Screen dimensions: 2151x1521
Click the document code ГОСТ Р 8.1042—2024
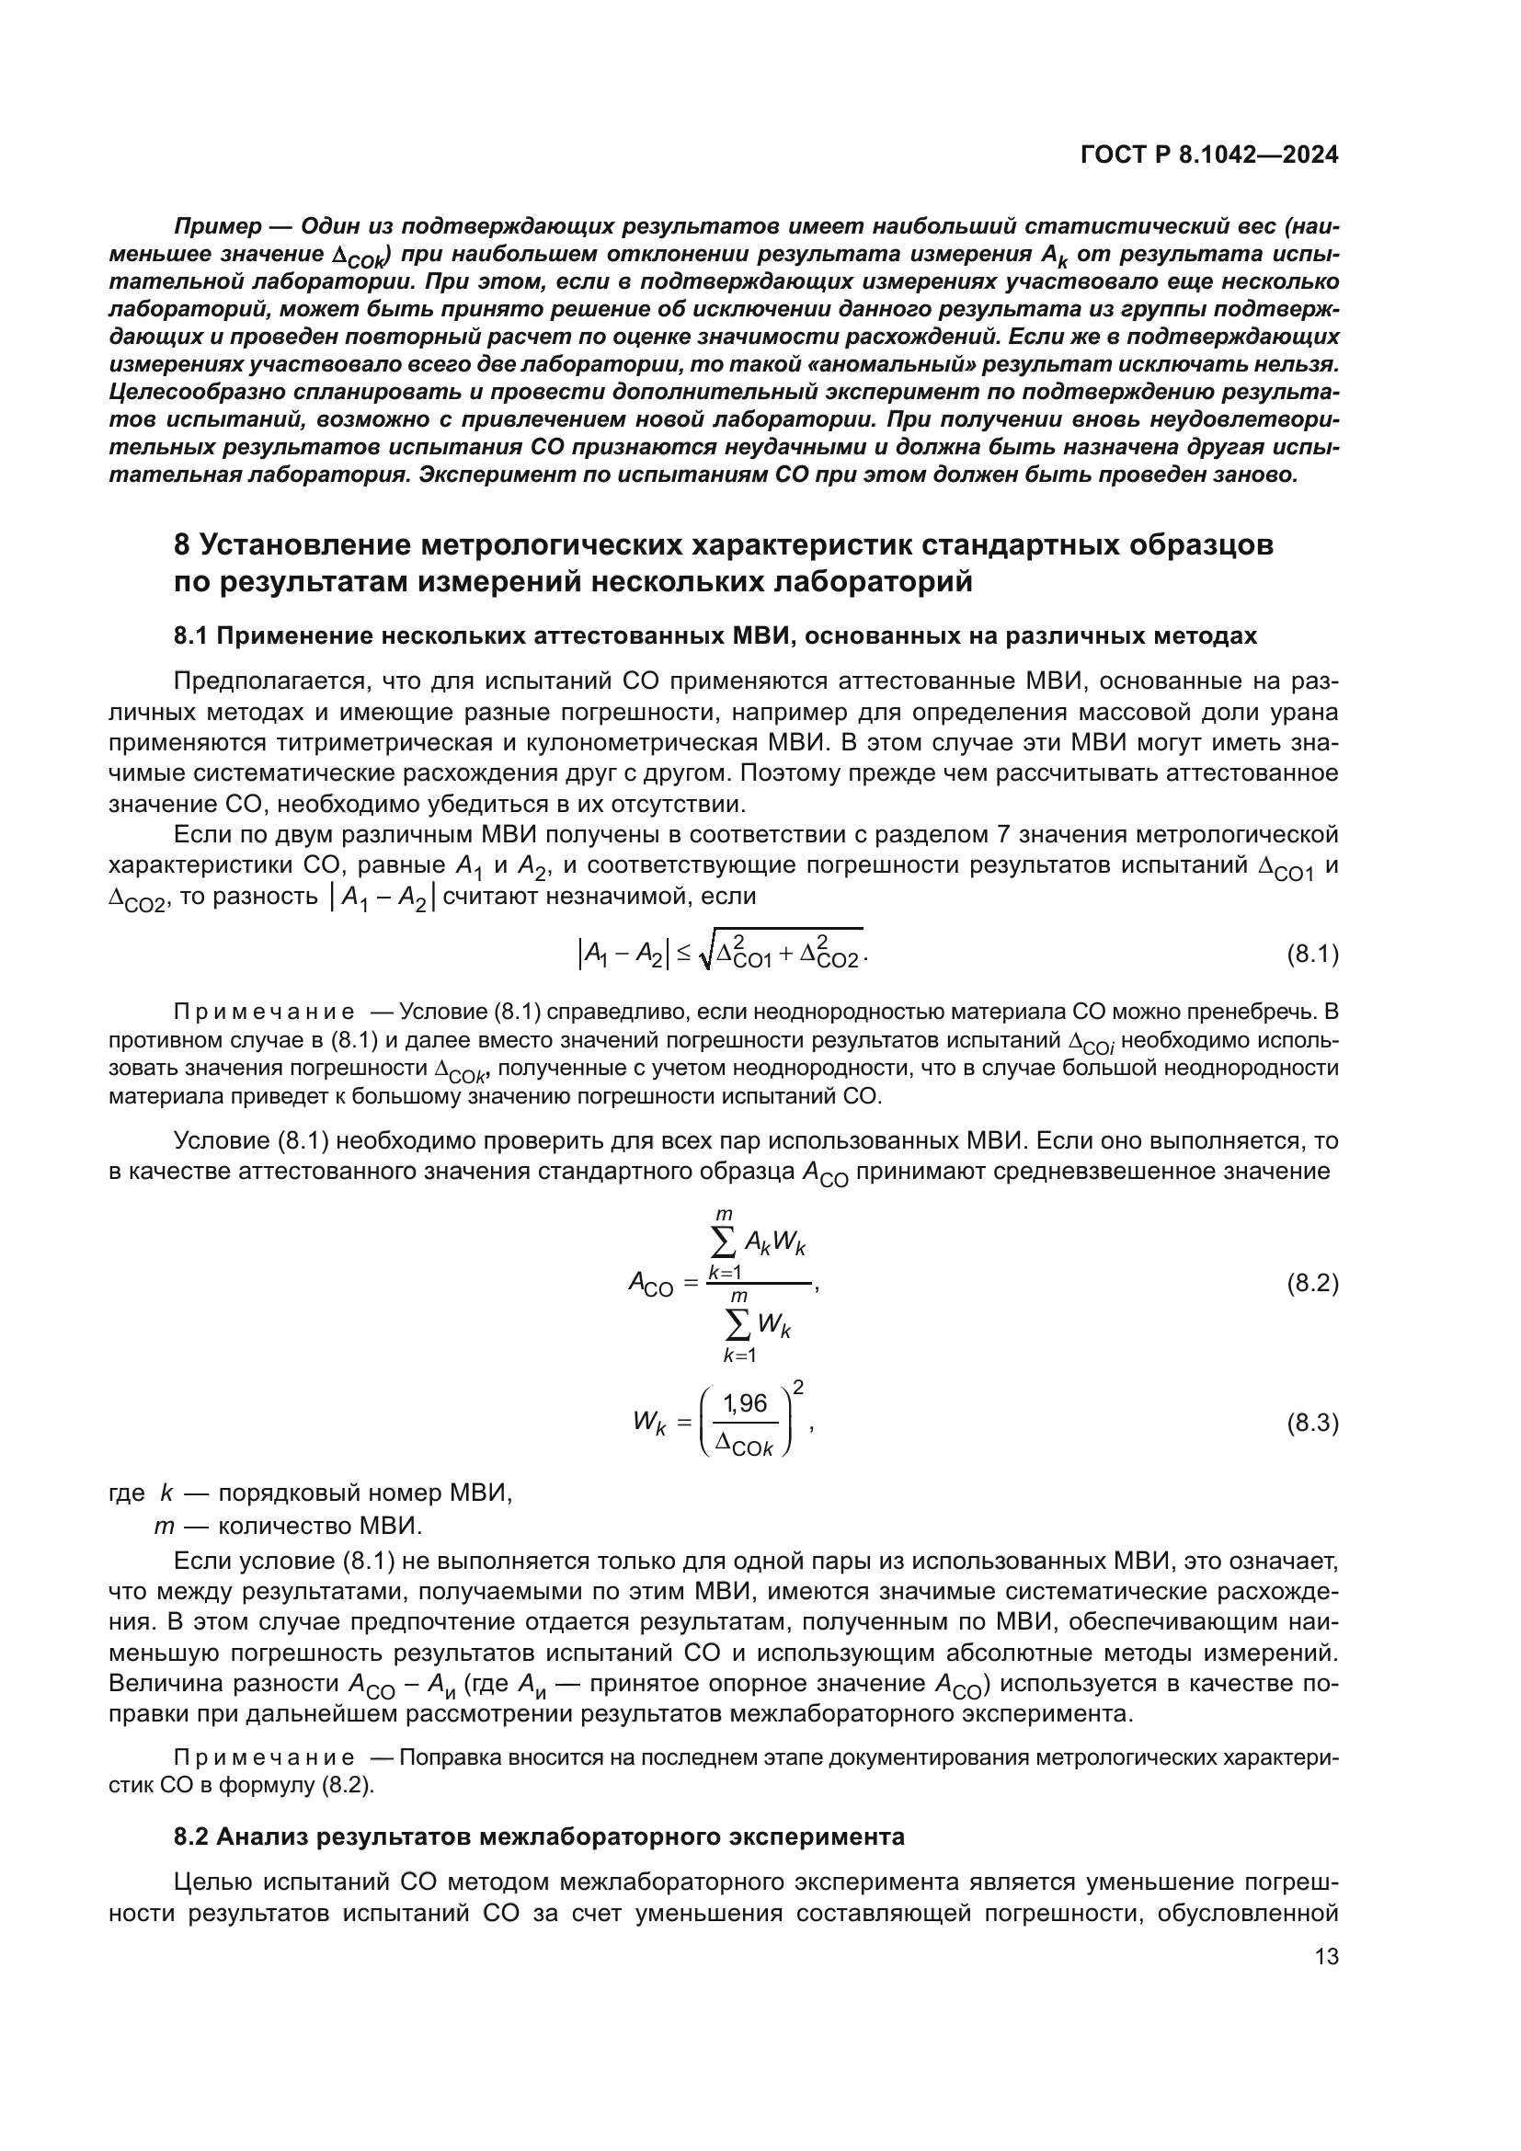point(1209,155)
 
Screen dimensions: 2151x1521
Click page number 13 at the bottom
point(1326,1956)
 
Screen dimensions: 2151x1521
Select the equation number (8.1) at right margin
point(1312,955)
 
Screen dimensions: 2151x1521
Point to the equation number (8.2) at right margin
point(1312,1283)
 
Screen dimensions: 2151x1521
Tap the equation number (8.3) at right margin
point(1312,1423)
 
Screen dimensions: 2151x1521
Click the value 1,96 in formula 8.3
point(746,1402)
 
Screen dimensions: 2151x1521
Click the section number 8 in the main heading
point(183,544)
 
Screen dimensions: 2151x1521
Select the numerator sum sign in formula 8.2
point(724,1242)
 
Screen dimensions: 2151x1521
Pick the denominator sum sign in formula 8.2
point(738,1323)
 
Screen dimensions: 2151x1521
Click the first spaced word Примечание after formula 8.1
point(265,1012)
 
